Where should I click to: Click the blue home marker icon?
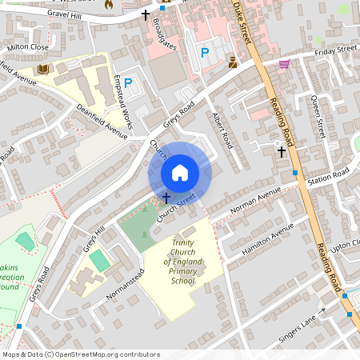180,172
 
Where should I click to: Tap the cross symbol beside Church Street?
166,196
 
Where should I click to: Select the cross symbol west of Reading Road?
281,150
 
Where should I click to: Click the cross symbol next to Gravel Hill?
146,14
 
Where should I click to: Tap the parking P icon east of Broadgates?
205,53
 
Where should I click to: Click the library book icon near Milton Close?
42,70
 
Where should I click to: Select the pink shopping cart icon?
284,64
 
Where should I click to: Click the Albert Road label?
221,130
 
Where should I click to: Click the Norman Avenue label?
255,202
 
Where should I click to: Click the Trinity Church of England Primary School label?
182,262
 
